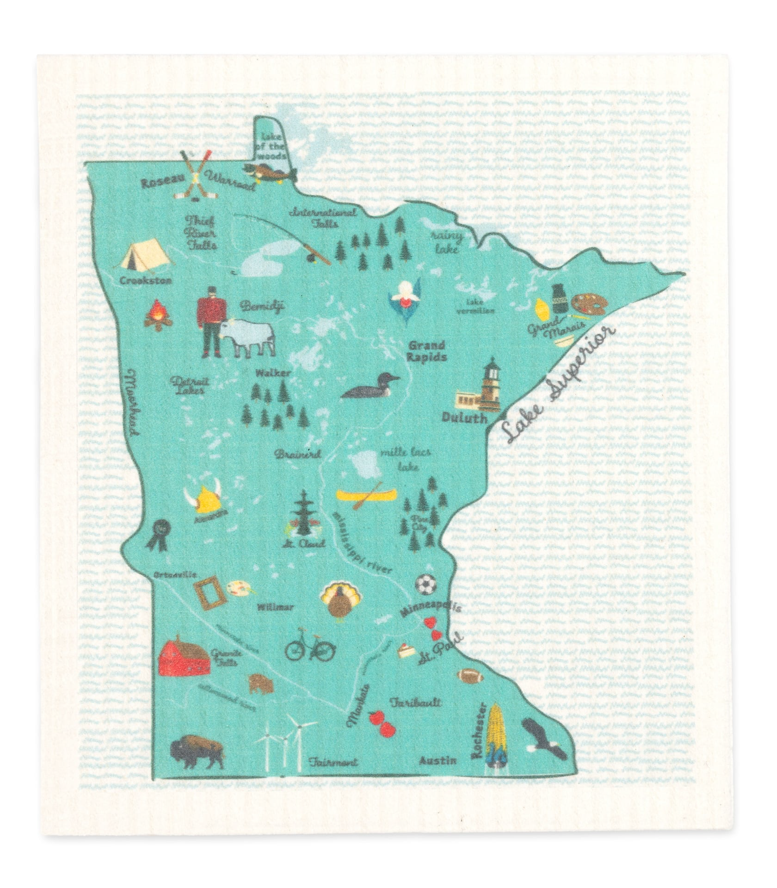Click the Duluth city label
[x=464, y=418]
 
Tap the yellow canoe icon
[x=367, y=494]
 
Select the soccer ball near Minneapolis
[x=425, y=584]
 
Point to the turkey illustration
[x=340, y=601]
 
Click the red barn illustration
[x=184, y=656]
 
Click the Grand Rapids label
[x=426, y=351]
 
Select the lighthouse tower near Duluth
[x=490, y=380]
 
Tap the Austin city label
[x=438, y=761]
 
